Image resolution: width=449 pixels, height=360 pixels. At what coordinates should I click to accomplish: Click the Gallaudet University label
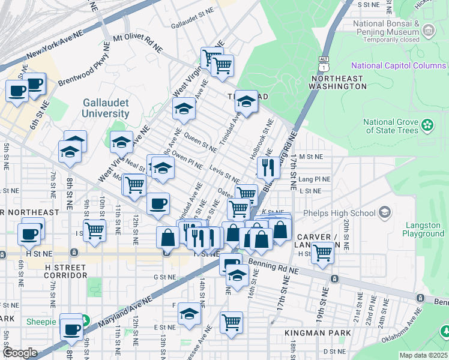pyautogui.click(x=106, y=107)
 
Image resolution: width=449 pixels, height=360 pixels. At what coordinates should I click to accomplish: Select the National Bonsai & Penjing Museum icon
pyautogui.click(x=428, y=29)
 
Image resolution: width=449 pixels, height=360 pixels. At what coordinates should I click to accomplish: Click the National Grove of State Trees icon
pyautogui.click(x=427, y=125)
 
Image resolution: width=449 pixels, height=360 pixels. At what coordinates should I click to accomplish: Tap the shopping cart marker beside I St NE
pyautogui.click(x=94, y=229)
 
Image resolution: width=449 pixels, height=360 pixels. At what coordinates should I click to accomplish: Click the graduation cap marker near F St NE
pyautogui.click(x=190, y=314)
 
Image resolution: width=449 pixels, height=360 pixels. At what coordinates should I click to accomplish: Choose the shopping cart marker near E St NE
pyautogui.click(x=231, y=322)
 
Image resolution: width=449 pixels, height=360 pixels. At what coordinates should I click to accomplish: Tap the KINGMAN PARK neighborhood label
pyautogui.click(x=309, y=332)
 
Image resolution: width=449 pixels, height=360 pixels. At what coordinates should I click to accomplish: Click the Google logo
pyautogui.click(x=20, y=353)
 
